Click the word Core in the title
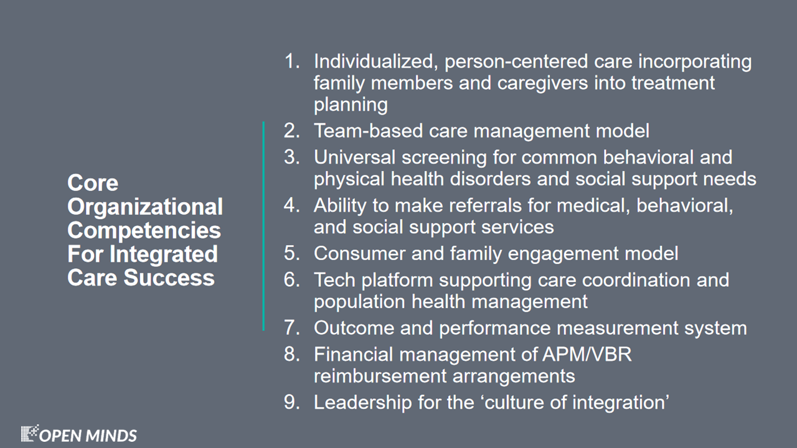pos(93,183)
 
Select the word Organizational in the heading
pos(145,207)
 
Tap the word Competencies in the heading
pos(144,230)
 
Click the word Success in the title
pos(169,278)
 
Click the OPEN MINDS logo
pos(78,434)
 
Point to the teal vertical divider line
pos(263,226)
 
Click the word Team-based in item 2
pos(368,131)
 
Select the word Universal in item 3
pos(354,157)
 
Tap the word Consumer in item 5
pos(360,253)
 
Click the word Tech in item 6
pos(334,280)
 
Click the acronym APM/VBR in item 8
pos(587,355)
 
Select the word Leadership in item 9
pos(362,403)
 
